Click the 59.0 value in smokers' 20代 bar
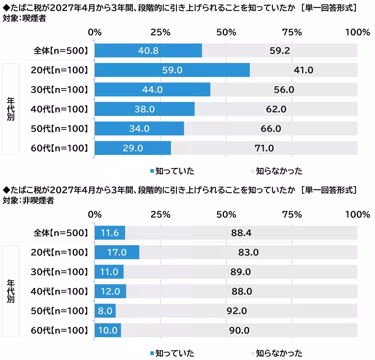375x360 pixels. coord(172,70)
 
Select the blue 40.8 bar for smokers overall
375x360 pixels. coord(148,51)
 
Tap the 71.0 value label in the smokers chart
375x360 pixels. coord(264,148)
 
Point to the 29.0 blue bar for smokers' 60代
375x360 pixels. coord(133,148)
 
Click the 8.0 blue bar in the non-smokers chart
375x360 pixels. coord(105,311)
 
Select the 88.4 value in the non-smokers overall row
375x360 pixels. coord(241,233)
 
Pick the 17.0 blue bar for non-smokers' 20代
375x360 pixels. coord(117,252)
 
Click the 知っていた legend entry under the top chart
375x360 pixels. coord(172,171)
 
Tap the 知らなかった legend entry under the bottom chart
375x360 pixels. coord(276,353)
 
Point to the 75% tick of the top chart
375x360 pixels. coord(292,32)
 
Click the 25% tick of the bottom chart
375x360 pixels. coord(160,214)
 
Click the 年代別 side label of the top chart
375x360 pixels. coord(10,109)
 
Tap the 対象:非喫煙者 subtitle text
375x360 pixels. coord(28,201)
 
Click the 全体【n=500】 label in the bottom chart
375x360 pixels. coord(61,233)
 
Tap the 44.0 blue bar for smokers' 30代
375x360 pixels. coord(152,90)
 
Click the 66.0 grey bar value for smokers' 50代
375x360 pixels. coord(271,129)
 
